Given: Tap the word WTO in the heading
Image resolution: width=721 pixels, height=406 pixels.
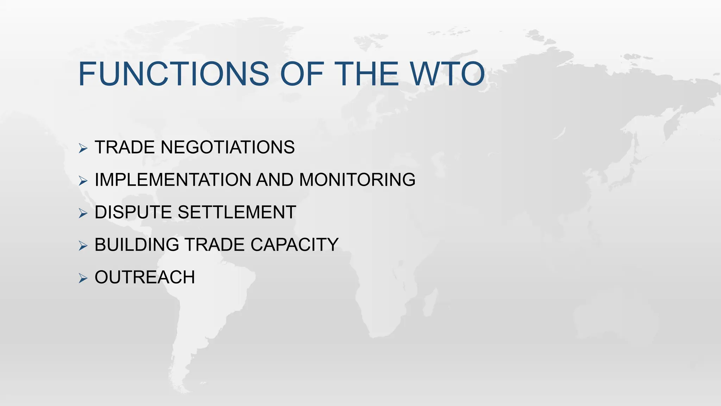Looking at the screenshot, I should (447, 74).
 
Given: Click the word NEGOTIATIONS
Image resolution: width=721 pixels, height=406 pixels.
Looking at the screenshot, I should (227, 147).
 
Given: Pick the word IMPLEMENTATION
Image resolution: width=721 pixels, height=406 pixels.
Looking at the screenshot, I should (173, 180).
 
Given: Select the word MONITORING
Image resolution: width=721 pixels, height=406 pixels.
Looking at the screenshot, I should (357, 180).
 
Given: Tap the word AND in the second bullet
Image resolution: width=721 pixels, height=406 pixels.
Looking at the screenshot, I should (275, 180).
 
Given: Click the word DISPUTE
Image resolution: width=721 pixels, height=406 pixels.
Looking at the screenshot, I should (133, 212).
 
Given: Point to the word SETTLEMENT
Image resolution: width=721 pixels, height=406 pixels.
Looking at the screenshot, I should (237, 212).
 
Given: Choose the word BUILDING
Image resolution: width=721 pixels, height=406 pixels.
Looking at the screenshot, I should (137, 245).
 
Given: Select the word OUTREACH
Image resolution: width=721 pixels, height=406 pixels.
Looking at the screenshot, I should (145, 277).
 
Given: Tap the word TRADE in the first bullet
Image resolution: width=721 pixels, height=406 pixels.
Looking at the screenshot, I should (125, 147).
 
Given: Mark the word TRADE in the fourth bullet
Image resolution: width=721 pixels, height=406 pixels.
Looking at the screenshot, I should (215, 245).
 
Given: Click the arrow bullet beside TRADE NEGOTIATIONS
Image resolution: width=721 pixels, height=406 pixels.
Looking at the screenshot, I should (83, 148).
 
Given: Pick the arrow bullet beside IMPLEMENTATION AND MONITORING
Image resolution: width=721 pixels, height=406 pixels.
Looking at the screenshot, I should (83, 181).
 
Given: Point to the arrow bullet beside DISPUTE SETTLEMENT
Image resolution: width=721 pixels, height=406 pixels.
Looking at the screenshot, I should (83, 213).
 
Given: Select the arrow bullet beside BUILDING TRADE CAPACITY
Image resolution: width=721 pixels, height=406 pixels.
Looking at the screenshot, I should (83, 246).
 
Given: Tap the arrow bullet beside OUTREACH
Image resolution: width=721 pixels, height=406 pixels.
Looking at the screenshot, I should (83, 278).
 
